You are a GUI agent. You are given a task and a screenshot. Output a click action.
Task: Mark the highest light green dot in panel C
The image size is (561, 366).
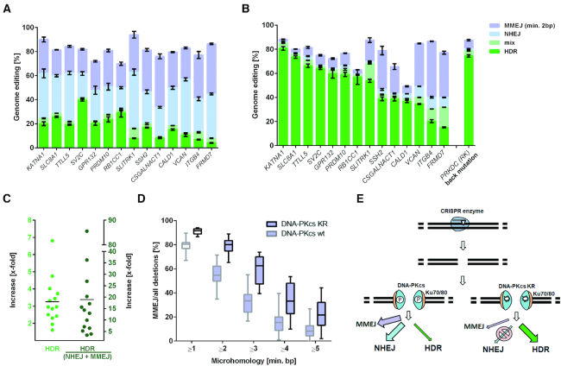click(51, 241)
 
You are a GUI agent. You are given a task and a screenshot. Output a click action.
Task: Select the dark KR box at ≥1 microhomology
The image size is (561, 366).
click(197, 230)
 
